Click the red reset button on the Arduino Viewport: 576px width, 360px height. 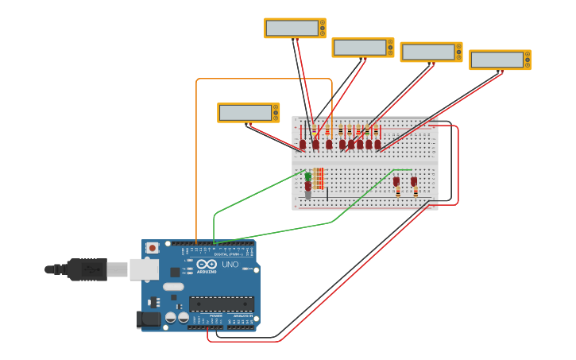pyautogui.click(x=152, y=248)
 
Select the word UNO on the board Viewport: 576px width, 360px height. pyautogui.click(x=230, y=264)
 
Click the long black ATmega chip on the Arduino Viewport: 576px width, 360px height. pyautogui.click(x=222, y=304)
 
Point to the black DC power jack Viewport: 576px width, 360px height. pyautogui.click(x=148, y=319)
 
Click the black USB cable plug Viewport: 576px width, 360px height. pyautogui.click(x=87, y=269)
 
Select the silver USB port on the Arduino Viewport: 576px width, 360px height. pyautogui.click(x=144, y=269)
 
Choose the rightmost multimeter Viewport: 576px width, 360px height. pyautogui.click(x=500, y=60)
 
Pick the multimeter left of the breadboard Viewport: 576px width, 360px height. pyautogui.click(x=248, y=112)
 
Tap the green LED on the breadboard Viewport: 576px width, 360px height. pyautogui.click(x=308, y=176)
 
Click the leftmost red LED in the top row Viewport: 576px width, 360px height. pyautogui.click(x=303, y=144)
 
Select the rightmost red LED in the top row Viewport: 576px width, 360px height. pyautogui.click(x=377, y=144)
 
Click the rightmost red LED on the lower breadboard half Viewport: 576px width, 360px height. pyautogui.click(x=414, y=181)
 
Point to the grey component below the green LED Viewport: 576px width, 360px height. pyautogui.click(x=308, y=195)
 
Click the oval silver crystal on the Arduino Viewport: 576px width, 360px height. pyautogui.click(x=174, y=286)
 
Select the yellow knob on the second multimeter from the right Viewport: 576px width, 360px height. pyautogui.click(x=458, y=52)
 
